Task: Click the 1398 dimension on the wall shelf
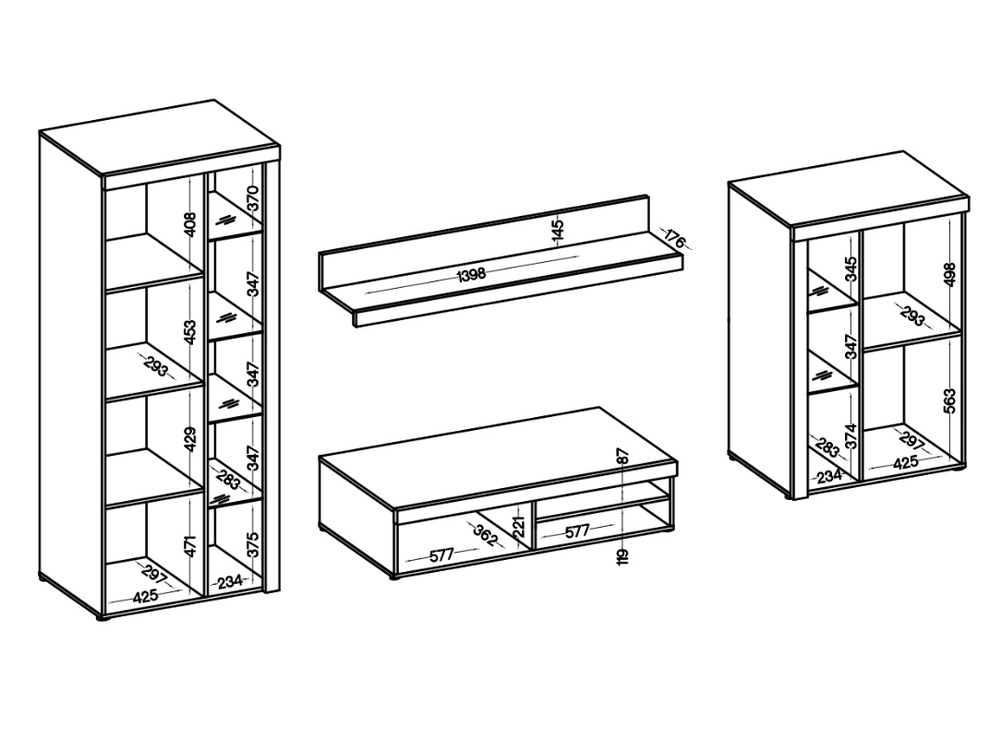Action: pos(472,275)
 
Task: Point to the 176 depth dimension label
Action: pos(675,240)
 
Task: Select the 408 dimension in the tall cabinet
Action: pos(190,224)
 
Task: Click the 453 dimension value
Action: pos(190,332)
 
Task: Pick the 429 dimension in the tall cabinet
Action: pos(190,439)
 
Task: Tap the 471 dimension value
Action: pos(190,547)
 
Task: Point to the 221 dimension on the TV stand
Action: pos(519,526)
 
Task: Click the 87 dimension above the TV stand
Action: pos(623,456)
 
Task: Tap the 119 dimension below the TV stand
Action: pos(623,556)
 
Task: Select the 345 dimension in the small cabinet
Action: pos(850,269)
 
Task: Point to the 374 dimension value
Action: pos(850,436)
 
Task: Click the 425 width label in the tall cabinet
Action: pos(145,597)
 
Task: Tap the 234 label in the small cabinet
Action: pos(829,475)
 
